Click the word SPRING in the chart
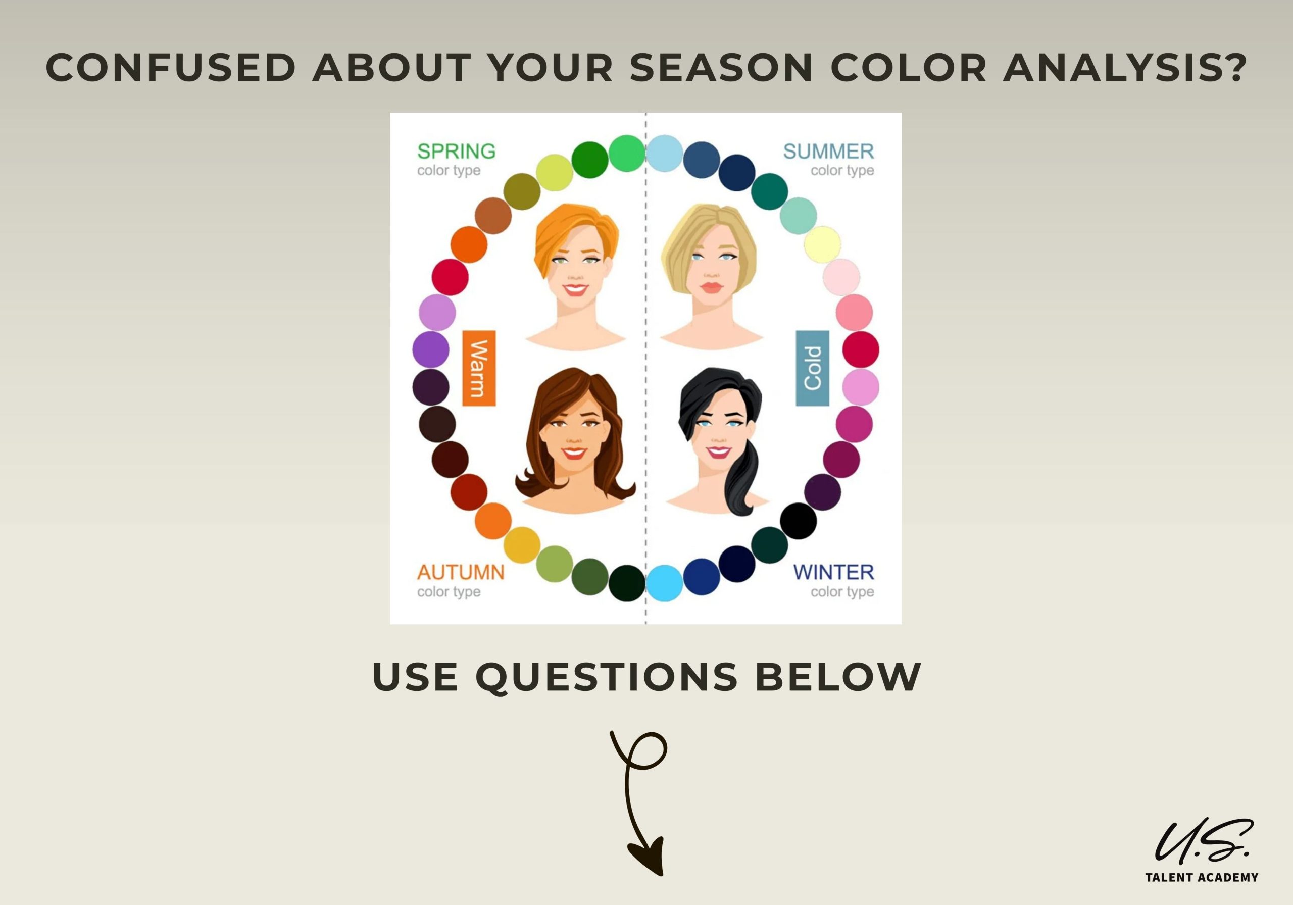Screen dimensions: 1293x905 456,151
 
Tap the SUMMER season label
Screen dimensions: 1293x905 828,151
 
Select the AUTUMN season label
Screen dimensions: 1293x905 461,572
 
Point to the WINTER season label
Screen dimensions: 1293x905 833,572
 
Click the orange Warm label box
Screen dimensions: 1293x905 479,368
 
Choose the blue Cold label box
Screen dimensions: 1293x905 813,368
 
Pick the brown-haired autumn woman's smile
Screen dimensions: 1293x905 574,452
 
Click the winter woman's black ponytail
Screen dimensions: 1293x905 742,479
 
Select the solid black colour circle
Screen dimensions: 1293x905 798,521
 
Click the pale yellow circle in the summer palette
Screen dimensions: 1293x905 822,244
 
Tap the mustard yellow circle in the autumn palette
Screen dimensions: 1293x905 521,545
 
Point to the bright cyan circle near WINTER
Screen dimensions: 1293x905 665,583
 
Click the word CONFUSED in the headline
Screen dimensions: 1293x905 171,68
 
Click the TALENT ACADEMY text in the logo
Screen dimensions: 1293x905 1202,877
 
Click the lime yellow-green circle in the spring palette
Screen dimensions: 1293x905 555,172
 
